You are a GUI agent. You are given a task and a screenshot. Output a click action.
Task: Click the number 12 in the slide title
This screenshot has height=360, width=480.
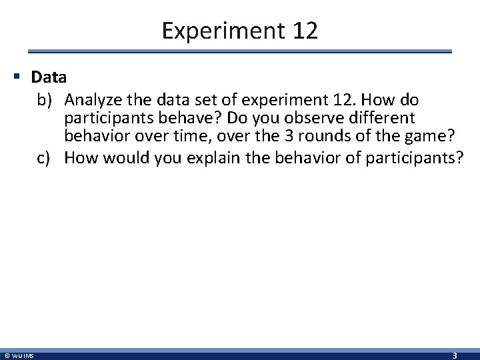(x=303, y=30)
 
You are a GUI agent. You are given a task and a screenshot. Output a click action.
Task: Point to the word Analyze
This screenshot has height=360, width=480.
(x=92, y=100)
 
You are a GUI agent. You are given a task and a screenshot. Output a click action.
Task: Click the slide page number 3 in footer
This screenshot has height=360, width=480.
(x=455, y=355)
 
